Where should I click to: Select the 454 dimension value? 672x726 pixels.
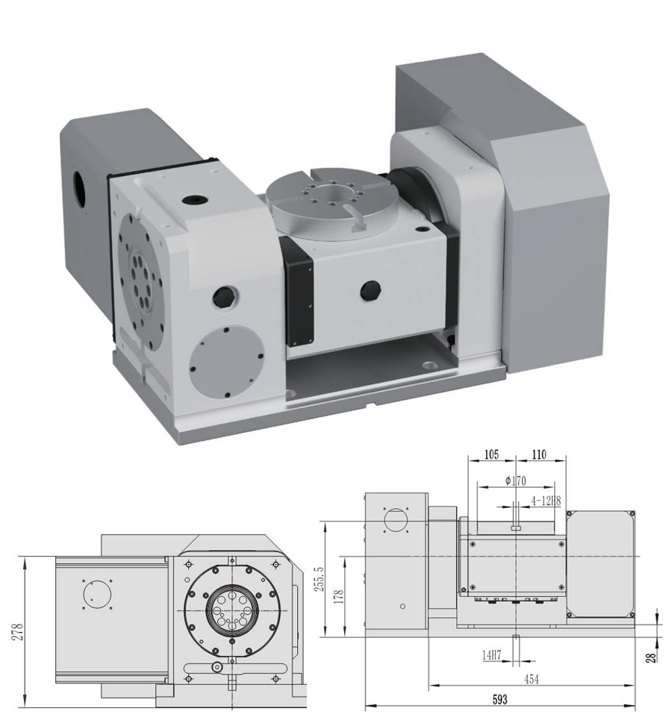(530, 679)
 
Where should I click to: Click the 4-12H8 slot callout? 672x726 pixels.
(545, 501)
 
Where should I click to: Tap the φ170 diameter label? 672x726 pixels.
(515, 481)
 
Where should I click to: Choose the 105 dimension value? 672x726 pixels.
(491, 454)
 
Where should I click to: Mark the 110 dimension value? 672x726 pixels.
(540, 454)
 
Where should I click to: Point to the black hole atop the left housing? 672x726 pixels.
(194, 201)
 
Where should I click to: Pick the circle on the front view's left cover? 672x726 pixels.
(97, 595)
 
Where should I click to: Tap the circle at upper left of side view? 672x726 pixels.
(393, 520)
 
